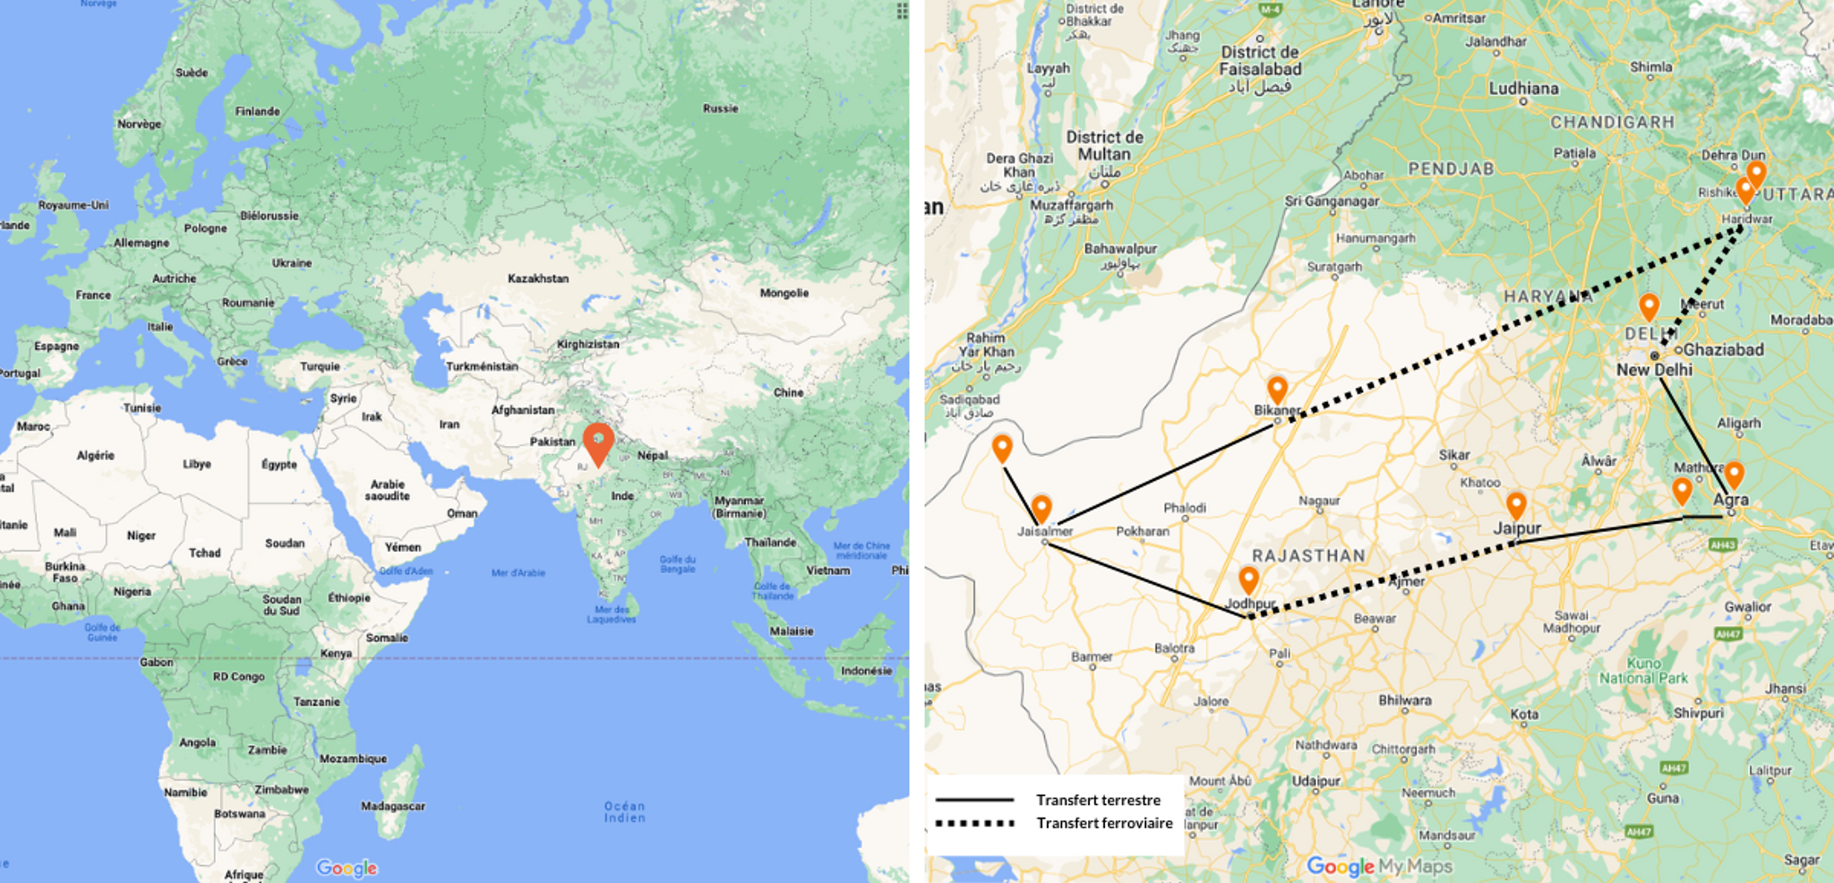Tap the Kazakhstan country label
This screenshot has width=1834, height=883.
tap(537, 279)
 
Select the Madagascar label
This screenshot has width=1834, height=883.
tap(393, 806)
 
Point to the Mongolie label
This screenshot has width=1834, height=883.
tap(784, 293)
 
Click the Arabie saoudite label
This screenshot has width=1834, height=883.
tap(388, 490)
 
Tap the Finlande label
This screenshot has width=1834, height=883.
tap(257, 111)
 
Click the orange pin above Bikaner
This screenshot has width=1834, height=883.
tap(1277, 390)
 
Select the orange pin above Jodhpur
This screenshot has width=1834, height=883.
tap(1248, 579)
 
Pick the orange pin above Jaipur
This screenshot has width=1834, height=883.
tap(1516, 505)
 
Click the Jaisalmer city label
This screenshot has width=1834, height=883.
tap(1044, 531)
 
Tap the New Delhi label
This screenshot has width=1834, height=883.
tap(1654, 370)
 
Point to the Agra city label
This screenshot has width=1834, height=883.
tap(1730, 500)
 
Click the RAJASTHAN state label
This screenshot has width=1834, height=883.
tap(1308, 556)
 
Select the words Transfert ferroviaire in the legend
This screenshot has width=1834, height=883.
tap(1104, 823)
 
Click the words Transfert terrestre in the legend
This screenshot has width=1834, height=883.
tap(1098, 800)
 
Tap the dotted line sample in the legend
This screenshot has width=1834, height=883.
tap(974, 823)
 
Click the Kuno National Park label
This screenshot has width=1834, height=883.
tap(1643, 671)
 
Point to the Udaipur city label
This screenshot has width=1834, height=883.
tap(1316, 781)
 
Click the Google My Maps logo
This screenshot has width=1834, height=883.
tap(1379, 866)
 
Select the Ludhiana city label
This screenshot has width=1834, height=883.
tap(1523, 89)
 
